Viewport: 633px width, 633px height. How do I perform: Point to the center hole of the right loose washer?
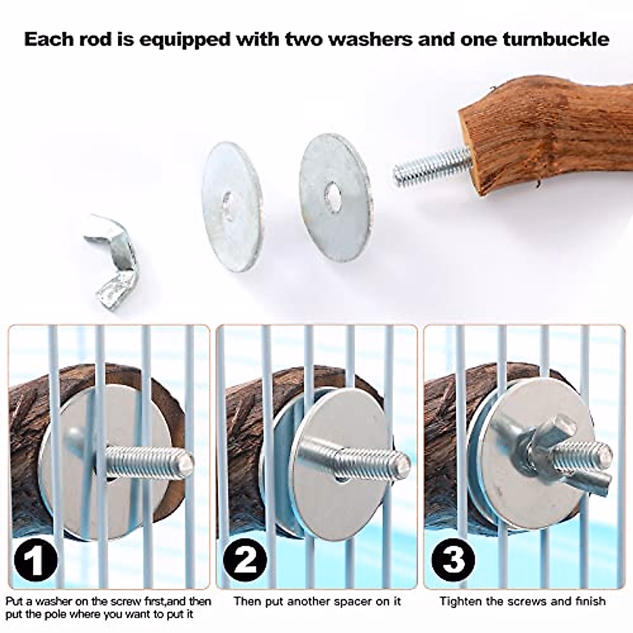pos(332,194)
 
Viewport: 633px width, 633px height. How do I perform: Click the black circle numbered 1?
pos(34,560)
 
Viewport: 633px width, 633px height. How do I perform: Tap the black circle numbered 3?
pos(453,560)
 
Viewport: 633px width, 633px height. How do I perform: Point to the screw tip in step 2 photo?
pos(404,463)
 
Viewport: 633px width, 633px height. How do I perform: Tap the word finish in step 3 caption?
pos(590,601)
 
